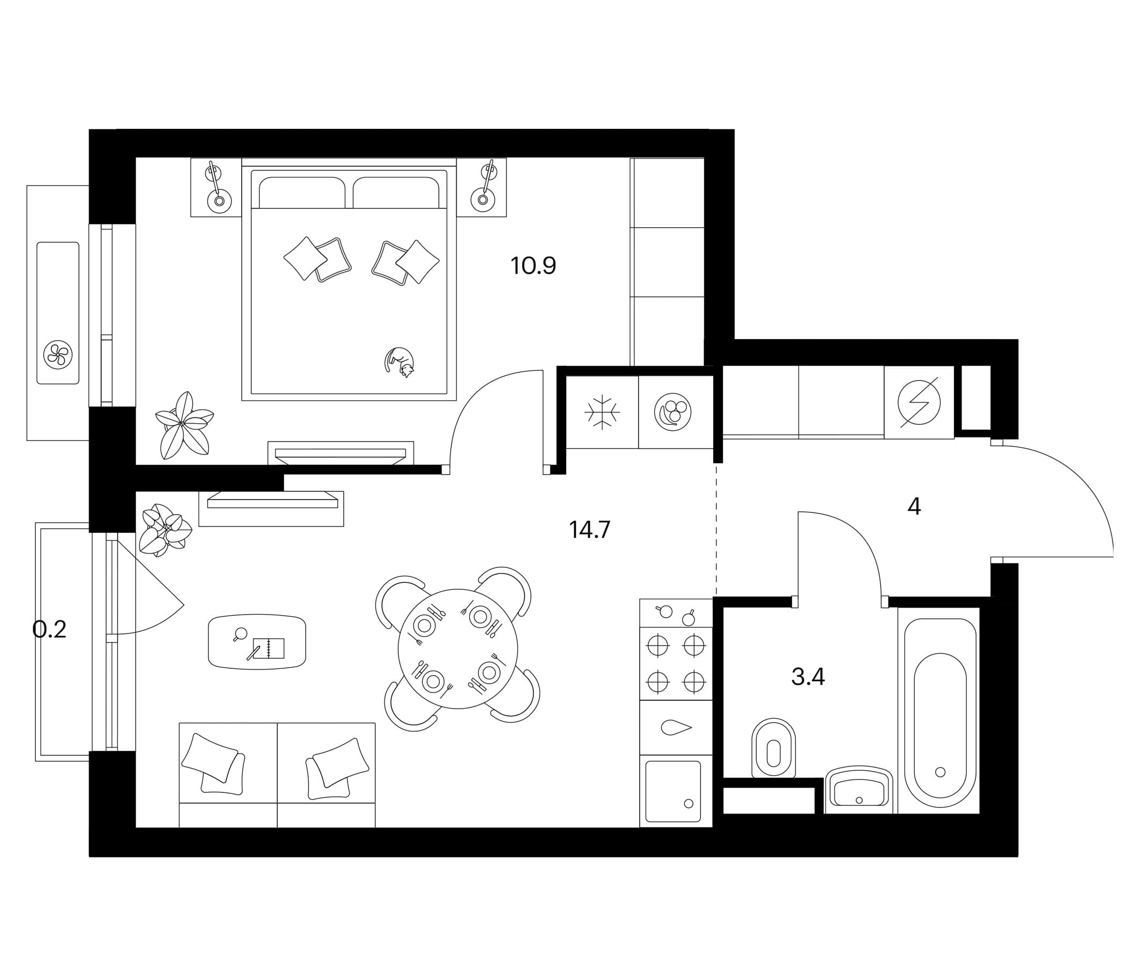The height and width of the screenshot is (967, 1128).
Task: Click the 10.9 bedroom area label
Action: pos(533,266)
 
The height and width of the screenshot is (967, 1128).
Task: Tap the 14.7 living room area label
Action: pos(590,529)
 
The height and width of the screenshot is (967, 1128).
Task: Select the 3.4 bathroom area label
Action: pos(808,677)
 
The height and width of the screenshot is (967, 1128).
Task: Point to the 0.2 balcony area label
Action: pos(49,630)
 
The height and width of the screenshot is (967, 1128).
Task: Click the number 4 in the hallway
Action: pos(914,507)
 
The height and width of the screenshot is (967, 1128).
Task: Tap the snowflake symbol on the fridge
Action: pos(602,412)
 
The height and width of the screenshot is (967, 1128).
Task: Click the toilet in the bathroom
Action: pos(773,748)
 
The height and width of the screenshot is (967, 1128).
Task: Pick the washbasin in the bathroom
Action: pos(859,790)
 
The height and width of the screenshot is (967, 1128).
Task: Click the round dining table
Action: pos(458,648)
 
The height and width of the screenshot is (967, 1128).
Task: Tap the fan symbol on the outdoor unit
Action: pos(57,356)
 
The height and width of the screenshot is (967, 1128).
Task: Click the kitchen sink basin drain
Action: pos(689,803)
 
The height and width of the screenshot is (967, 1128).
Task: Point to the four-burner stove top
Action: pos(676,663)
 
